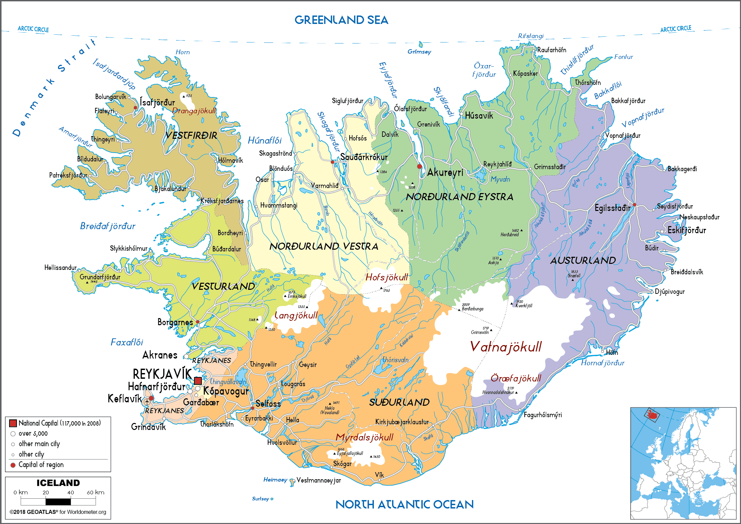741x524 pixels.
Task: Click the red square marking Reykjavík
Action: point(198,381)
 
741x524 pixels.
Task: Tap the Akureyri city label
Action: point(445,173)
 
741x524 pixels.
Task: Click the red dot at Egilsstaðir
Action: point(635,205)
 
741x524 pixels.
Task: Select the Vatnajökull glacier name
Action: point(506,347)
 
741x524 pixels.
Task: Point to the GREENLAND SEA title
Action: point(341,20)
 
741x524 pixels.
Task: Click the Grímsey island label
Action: point(419,52)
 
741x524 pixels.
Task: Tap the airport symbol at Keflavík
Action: point(147,402)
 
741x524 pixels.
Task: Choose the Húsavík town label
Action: point(479,116)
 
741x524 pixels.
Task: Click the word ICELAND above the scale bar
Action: point(58,483)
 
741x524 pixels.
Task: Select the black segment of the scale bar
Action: point(58,502)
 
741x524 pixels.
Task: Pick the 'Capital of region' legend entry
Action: point(41,465)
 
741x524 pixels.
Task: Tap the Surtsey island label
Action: point(260,499)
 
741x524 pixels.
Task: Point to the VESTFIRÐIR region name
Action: point(191,135)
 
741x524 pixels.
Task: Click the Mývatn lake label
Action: point(500,179)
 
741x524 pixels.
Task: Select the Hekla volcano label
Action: point(330,408)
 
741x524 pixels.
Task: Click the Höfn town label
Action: point(612,352)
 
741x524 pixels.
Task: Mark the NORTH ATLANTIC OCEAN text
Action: point(405,504)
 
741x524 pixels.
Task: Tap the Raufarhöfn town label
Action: point(551,50)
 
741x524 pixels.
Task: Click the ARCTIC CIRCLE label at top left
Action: point(33,29)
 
